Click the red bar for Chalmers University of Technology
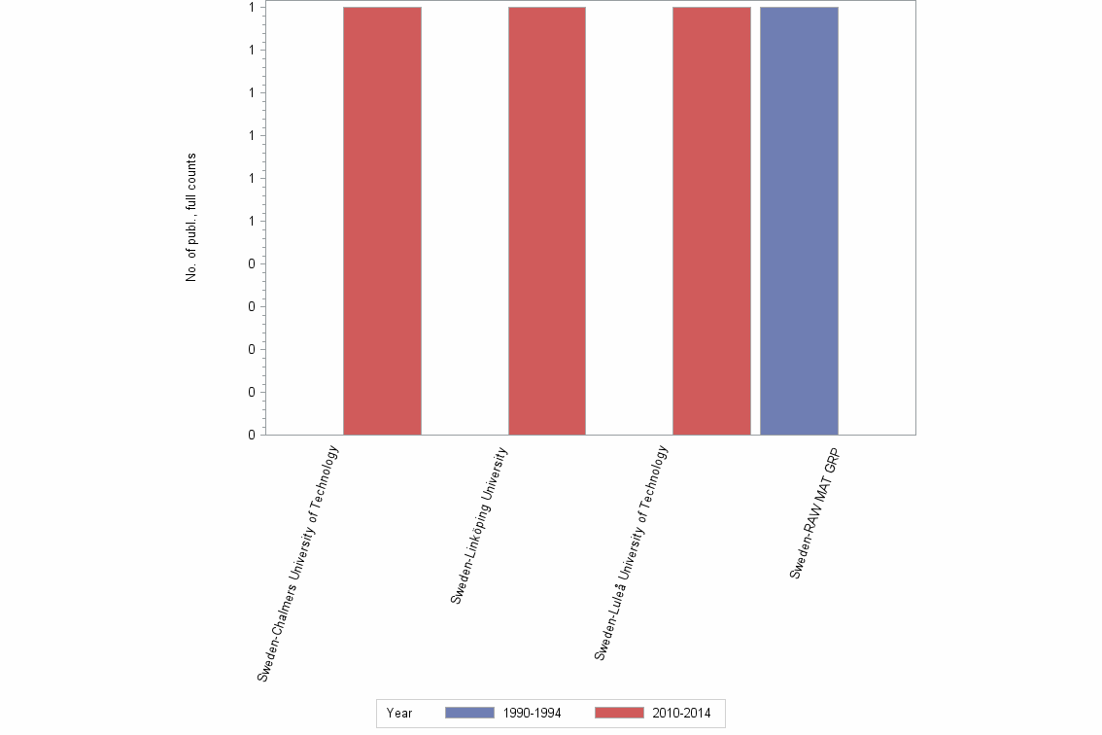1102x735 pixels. point(382,221)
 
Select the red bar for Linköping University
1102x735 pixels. point(547,221)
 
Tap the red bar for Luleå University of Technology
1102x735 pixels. point(711,221)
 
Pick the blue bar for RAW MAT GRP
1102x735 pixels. point(799,221)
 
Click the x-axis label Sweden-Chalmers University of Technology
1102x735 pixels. point(298,563)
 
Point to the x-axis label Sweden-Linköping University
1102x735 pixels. point(479,526)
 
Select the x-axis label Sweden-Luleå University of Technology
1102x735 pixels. point(632,553)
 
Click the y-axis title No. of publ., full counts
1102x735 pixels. point(191,218)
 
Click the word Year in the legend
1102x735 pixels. point(399,714)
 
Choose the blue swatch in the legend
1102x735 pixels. point(469,714)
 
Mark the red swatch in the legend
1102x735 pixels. point(619,714)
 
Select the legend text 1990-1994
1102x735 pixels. point(533,714)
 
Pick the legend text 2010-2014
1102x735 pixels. point(682,714)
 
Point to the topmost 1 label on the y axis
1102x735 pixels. point(251,7)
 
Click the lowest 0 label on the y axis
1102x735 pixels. point(251,435)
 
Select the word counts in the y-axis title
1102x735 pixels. point(191,170)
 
